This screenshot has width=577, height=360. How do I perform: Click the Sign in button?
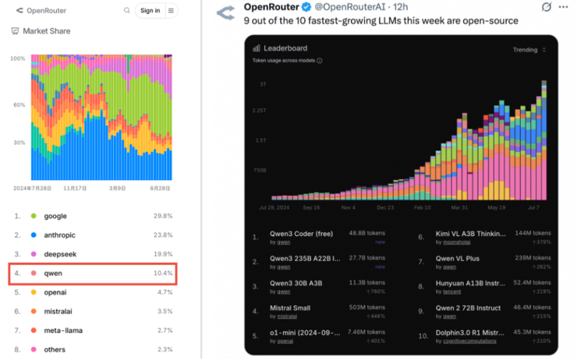click(148, 10)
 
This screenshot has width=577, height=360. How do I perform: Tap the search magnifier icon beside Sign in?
click(127, 10)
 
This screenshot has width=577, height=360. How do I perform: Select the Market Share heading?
click(47, 31)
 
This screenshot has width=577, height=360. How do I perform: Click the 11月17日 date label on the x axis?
click(75, 188)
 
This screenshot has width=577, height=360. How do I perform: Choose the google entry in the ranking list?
click(55, 216)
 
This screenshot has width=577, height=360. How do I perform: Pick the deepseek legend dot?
click(34, 254)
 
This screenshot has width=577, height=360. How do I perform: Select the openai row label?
click(55, 293)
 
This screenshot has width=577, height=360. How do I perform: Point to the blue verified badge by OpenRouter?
click(307, 7)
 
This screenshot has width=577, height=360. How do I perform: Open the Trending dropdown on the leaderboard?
click(528, 50)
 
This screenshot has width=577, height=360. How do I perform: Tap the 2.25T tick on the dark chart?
click(259, 111)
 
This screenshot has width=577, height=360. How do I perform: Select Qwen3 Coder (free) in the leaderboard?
click(302, 233)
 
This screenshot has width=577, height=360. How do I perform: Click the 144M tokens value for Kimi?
click(532, 233)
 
